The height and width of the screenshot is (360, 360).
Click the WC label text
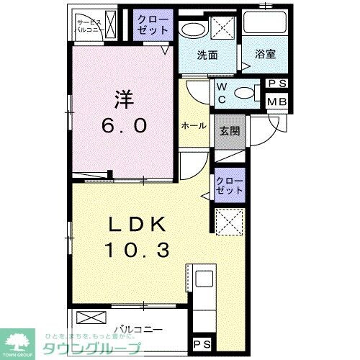222,91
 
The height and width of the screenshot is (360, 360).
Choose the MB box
277,102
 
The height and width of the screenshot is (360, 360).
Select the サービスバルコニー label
91,27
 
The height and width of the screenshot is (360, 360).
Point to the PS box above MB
277,84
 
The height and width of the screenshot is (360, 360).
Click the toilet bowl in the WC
247,92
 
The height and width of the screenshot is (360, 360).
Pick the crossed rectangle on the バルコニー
91,317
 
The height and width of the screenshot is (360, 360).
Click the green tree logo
22,340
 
